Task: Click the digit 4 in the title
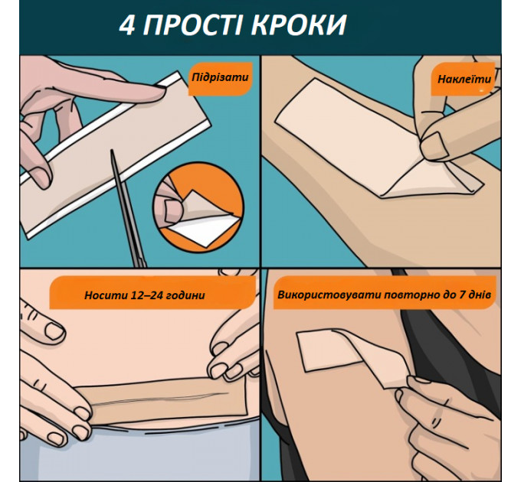pos(128,26)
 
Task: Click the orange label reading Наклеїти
pos(464,78)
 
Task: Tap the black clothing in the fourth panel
pos(452,337)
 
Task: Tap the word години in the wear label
pos(185,294)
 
